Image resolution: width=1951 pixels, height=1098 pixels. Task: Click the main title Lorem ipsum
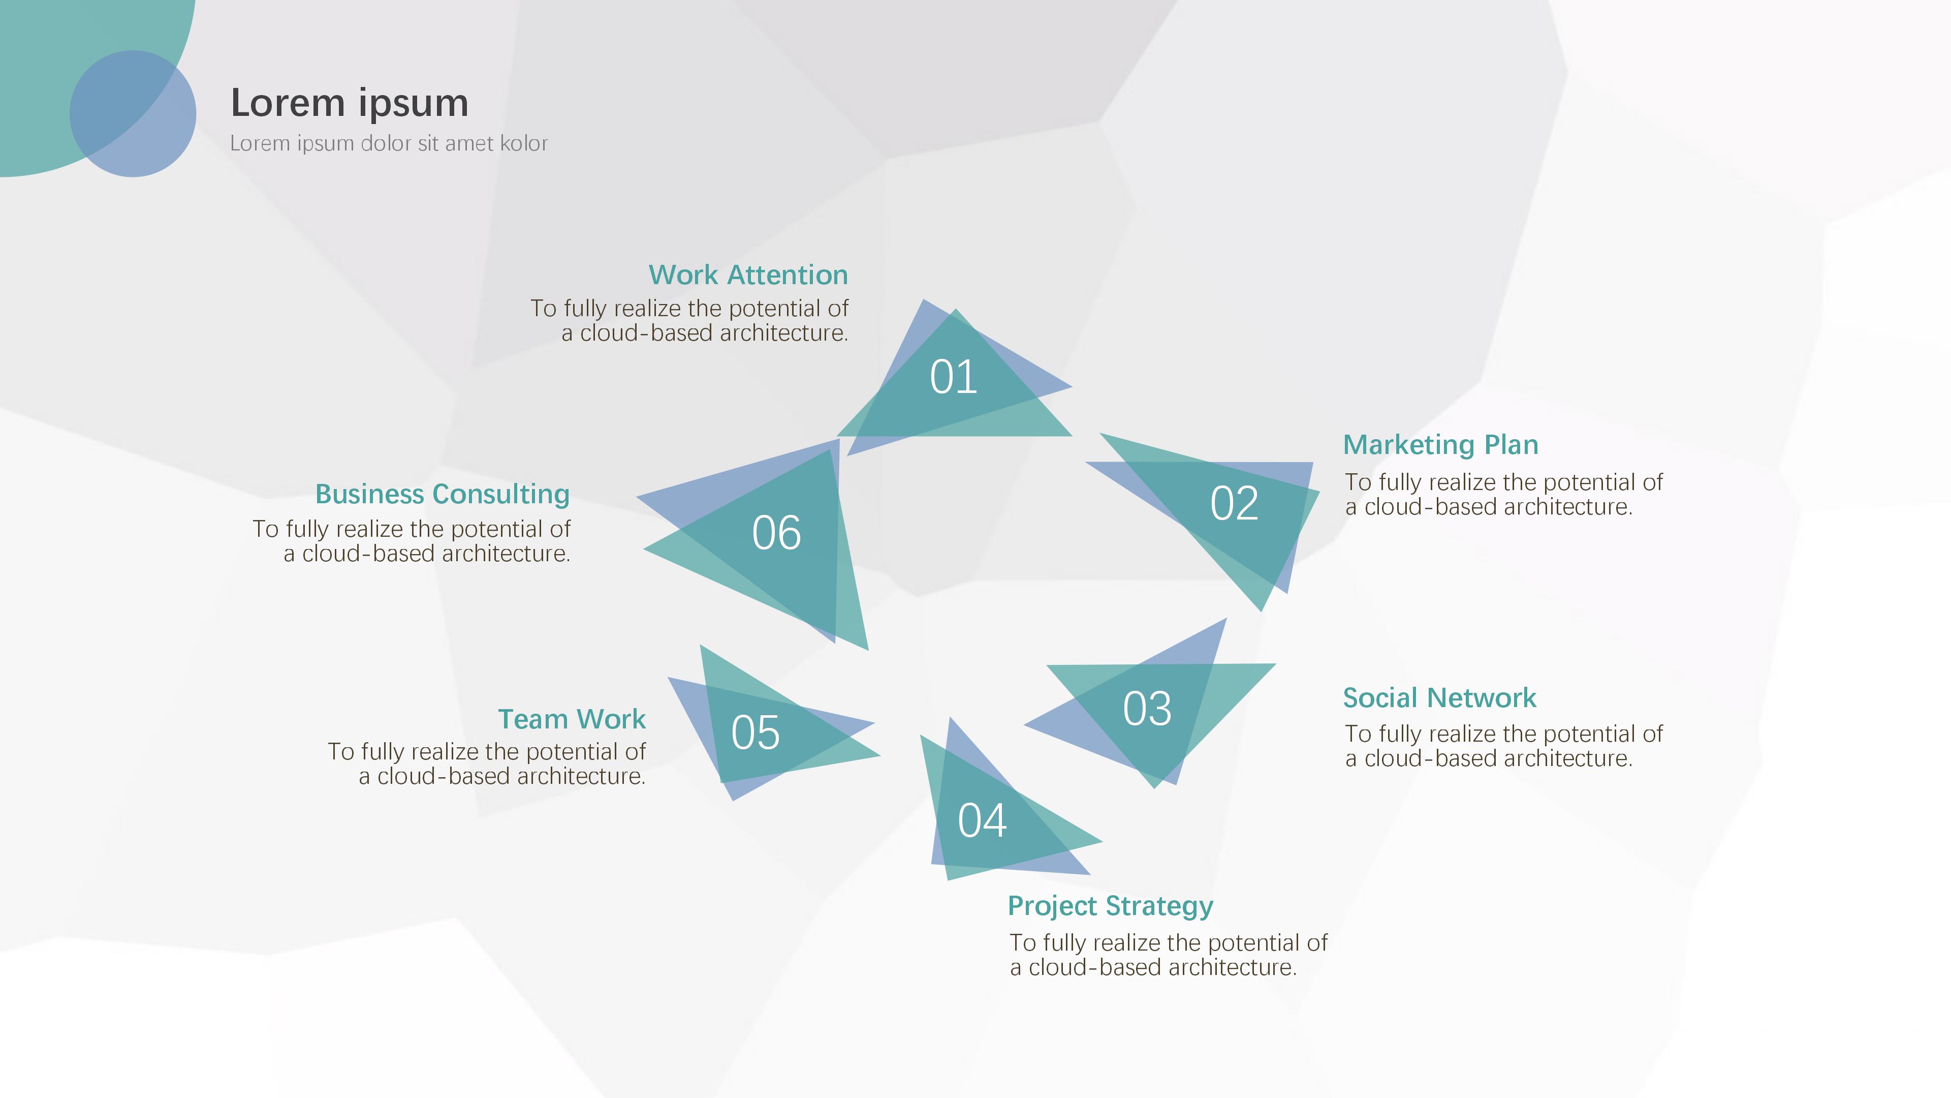pos(349,103)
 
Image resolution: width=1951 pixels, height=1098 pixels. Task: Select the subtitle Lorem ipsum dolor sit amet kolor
pos(389,143)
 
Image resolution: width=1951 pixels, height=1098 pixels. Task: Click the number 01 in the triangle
pos(954,377)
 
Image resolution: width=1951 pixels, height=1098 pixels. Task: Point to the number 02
pos(1234,503)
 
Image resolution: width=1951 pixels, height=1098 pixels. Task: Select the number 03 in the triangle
pos(1147,709)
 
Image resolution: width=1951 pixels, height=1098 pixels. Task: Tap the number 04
pos(982,820)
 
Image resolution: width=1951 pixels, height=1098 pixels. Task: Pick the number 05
pos(755,733)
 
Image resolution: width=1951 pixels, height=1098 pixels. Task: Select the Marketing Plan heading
pos(1440,445)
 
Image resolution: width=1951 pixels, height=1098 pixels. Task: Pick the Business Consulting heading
pos(443,494)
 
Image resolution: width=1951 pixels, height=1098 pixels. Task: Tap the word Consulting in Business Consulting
pos(501,494)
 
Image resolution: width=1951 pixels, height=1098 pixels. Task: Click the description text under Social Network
pos(1503,746)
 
